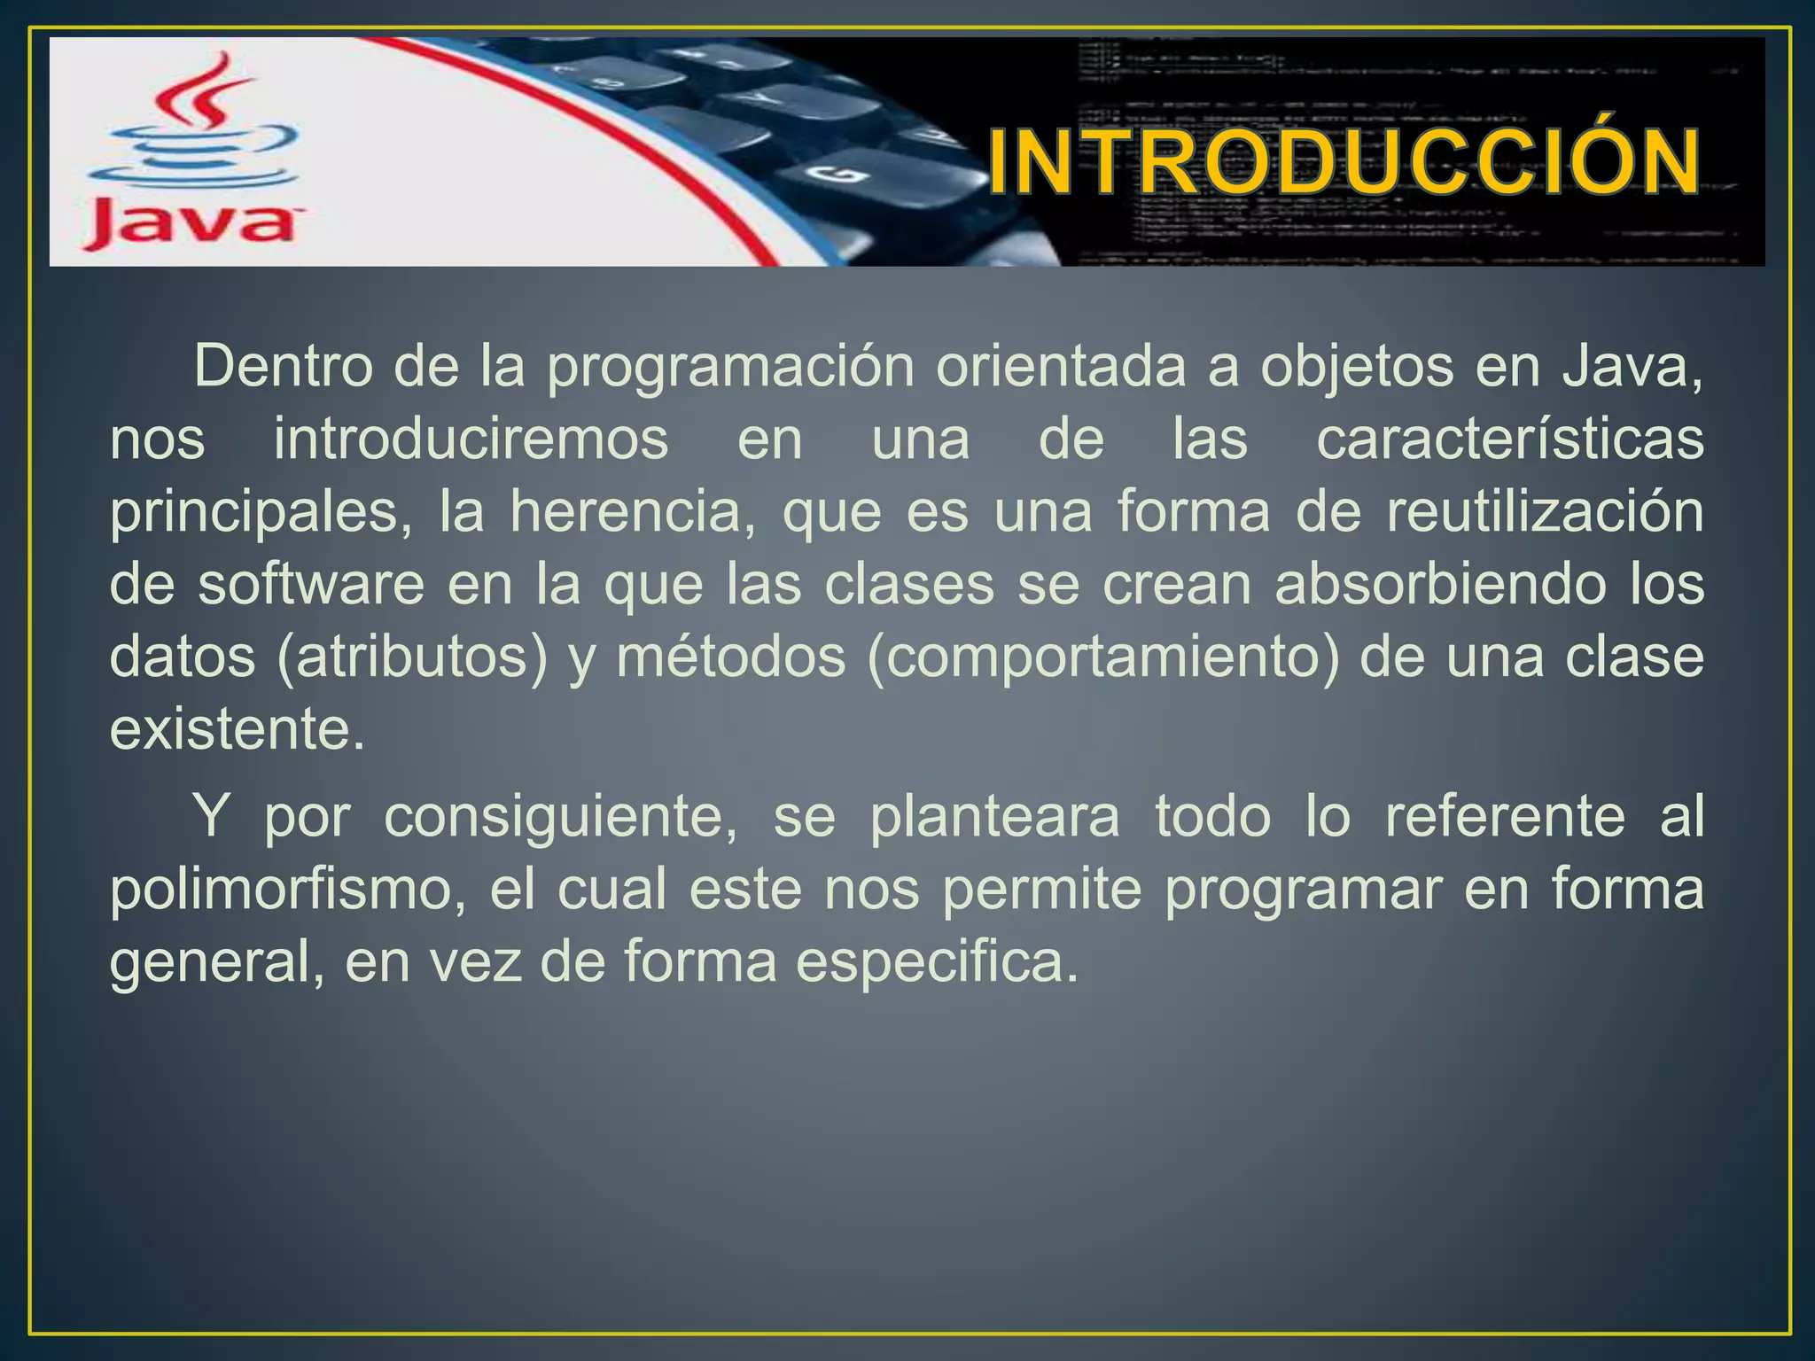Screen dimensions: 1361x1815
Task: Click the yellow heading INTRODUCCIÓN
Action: pyautogui.click(x=1344, y=163)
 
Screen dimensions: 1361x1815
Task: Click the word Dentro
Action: pyautogui.click(x=283, y=366)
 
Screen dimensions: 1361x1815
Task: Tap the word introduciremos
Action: pyautogui.click(x=471, y=439)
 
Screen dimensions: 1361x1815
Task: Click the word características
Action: pyautogui.click(x=1509, y=439)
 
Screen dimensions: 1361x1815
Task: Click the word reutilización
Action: pyautogui.click(x=1545, y=512)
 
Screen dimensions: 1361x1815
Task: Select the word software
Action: pyautogui.click(x=311, y=585)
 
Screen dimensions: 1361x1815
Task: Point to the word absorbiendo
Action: pyautogui.click(x=1440, y=585)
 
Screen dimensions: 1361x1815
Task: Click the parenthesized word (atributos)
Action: pyautogui.click(x=413, y=658)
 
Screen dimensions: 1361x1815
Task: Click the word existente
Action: pyautogui.click(x=237, y=730)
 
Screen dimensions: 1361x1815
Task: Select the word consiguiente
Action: pyautogui.click(x=560, y=816)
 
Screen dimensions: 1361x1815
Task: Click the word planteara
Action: pyautogui.click(x=994, y=816)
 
